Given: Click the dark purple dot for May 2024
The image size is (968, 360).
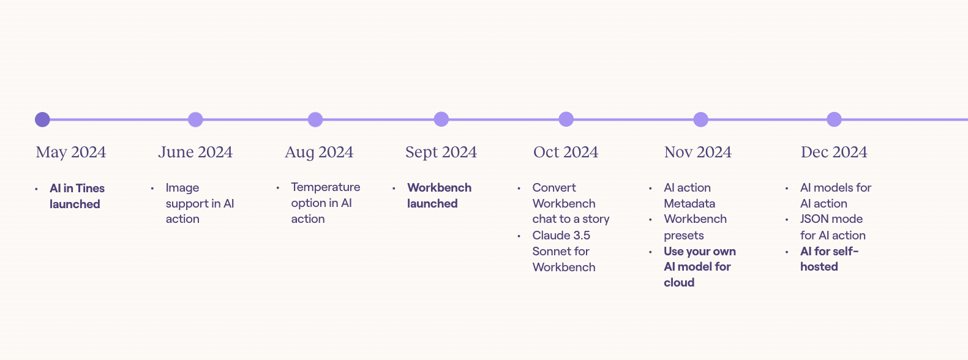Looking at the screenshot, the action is tap(42, 119).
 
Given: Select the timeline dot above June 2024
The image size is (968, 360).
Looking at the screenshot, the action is tap(195, 119).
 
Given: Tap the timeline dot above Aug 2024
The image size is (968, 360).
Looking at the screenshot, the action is tap(315, 119).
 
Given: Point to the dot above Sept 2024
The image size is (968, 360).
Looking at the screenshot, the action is tap(441, 119).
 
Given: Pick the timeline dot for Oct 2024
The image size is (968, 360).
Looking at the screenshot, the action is tap(566, 119).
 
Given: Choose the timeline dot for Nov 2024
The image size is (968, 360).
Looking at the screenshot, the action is tap(700, 119).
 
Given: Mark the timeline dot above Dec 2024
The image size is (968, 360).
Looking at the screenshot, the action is tap(834, 119).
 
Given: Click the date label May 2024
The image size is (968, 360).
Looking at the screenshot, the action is tap(71, 152).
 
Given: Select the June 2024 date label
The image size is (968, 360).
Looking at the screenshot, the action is tap(195, 152).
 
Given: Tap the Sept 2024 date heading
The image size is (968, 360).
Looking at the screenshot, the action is tap(441, 152).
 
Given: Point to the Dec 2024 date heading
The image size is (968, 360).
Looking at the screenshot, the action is tap(834, 152).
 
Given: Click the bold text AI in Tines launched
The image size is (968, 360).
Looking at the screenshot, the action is tap(77, 196).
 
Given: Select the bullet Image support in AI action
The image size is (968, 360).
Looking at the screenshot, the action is tap(200, 203).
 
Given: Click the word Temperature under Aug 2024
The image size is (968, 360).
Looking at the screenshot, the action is tap(325, 187).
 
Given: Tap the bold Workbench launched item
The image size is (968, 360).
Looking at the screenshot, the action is tap(439, 195).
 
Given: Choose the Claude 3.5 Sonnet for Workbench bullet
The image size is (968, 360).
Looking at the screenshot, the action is tap(563, 251).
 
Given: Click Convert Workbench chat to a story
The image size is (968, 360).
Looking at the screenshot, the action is tap(571, 203).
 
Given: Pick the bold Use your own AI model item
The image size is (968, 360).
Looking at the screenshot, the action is tap(700, 267).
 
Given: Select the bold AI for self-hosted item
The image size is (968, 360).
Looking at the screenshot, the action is tap(829, 259).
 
